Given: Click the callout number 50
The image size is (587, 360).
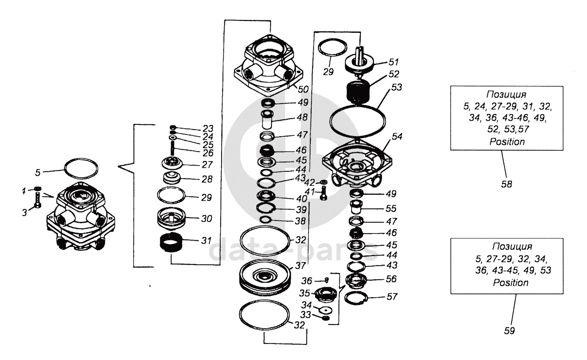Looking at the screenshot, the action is click(x=303, y=89).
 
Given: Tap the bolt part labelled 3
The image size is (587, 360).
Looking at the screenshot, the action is click(x=38, y=200).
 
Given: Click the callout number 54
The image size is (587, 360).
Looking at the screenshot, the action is click(x=397, y=136).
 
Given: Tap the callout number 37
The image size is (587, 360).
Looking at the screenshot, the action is click(x=300, y=266).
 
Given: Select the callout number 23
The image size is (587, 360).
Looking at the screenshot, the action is click(x=208, y=129).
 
